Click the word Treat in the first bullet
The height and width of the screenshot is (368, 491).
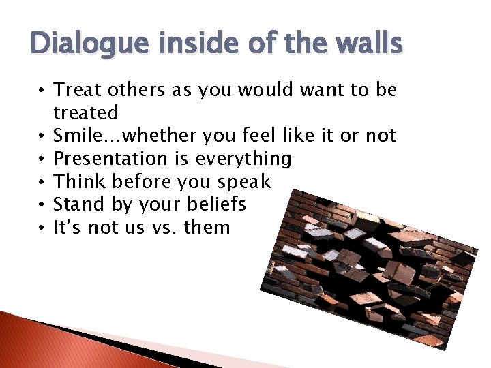pyautogui.click(x=75, y=89)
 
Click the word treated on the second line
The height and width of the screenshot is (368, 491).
pyautogui.click(x=86, y=112)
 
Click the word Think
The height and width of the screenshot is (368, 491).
pyautogui.click(x=75, y=182)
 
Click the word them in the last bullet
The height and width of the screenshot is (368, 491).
pyautogui.click(x=207, y=228)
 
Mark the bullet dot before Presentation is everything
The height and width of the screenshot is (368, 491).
pyautogui.click(x=42, y=159)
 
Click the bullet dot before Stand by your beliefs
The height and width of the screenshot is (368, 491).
pyautogui.click(x=42, y=205)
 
